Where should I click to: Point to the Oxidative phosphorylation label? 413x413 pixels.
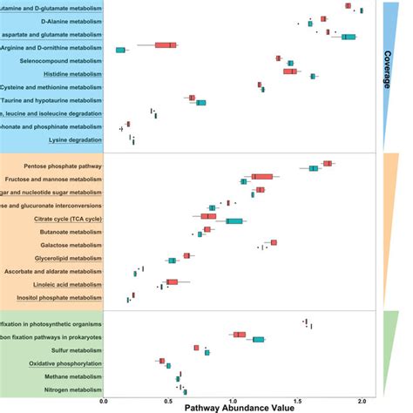tap(65, 362)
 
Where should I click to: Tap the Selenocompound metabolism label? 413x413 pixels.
tap(64, 61)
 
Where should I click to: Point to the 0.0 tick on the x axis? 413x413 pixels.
tap(104, 401)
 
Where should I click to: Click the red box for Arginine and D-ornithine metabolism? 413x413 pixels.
tap(165, 44)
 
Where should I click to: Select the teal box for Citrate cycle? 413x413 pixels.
tap(234, 221)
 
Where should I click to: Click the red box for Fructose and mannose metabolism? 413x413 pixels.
tap(261, 177)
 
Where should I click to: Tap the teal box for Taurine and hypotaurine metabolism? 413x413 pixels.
tap(200, 103)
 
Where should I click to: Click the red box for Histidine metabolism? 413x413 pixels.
tap(289, 71)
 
